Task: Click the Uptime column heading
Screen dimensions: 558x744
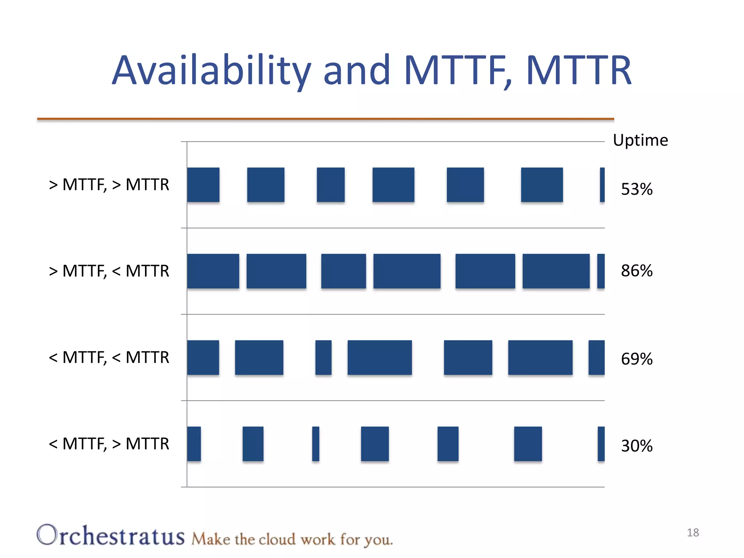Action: click(x=640, y=140)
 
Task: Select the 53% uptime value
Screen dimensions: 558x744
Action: click(x=636, y=189)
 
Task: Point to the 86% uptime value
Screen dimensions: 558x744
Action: click(x=636, y=271)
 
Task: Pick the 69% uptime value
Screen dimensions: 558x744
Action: click(x=636, y=359)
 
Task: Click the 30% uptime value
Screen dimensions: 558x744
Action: click(x=636, y=446)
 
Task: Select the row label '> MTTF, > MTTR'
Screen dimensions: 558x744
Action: click(x=109, y=185)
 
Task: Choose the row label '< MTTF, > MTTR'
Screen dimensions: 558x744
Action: click(x=109, y=444)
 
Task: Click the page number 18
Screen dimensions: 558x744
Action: click(x=692, y=533)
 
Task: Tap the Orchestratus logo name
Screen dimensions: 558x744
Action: click(x=111, y=535)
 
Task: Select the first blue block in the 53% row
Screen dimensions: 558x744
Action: click(x=203, y=185)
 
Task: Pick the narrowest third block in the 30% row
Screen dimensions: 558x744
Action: click(x=316, y=444)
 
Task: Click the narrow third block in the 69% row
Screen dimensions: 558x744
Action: click(x=323, y=357)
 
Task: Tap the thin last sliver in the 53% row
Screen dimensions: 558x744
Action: click(x=602, y=185)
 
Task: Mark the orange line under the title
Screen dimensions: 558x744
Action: click(x=325, y=119)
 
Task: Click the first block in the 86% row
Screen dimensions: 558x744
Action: click(x=213, y=271)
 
